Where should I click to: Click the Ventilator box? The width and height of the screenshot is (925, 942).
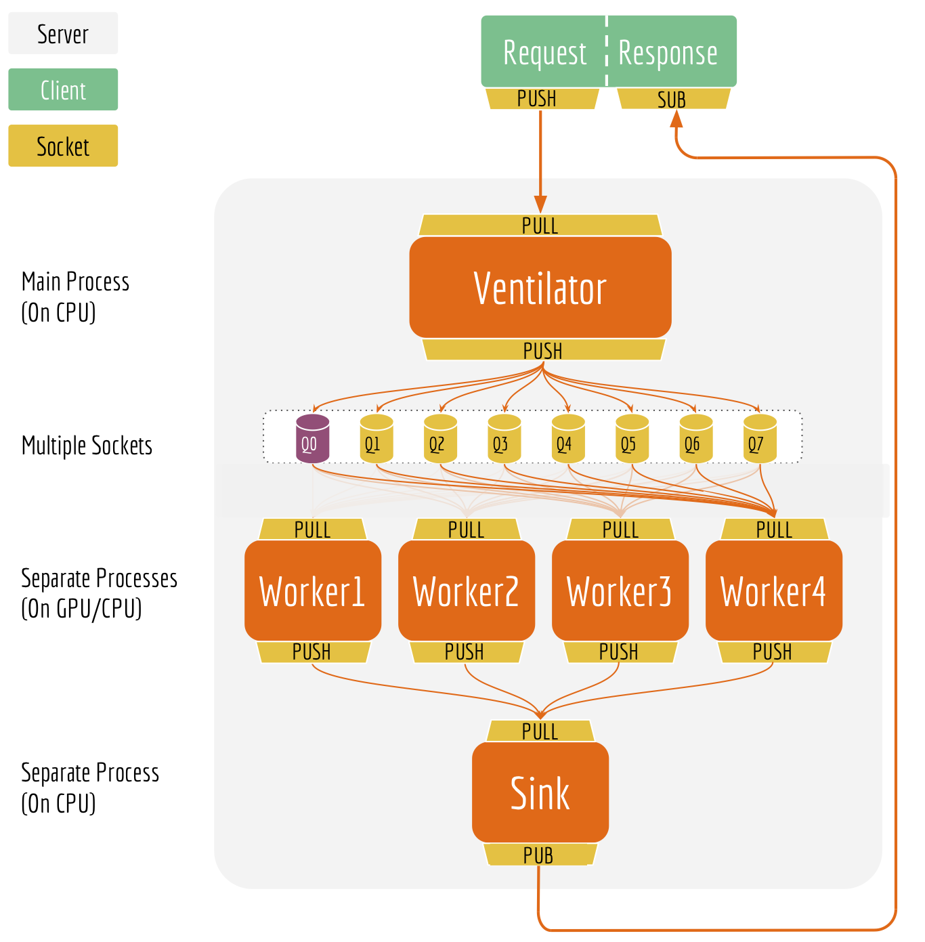tap(540, 287)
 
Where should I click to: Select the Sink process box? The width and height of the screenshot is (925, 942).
tap(540, 792)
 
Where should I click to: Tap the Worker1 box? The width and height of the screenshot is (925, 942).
tap(312, 591)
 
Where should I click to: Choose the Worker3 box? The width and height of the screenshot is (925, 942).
tap(620, 591)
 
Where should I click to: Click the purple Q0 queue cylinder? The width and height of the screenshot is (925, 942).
tap(312, 440)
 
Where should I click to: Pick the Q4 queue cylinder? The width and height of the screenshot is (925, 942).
tap(567, 440)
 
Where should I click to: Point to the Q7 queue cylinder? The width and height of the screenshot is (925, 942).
tap(759, 440)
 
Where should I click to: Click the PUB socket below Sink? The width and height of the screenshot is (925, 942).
tap(540, 855)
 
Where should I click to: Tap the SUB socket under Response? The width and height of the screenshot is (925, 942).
tap(673, 100)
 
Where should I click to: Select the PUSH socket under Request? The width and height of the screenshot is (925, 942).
tap(540, 99)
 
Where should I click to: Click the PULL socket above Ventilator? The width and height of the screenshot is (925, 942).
tap(540, 226)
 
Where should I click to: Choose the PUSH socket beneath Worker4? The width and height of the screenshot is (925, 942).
tap(773, 652)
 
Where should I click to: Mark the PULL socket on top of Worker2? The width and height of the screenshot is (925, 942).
tap(466, 530)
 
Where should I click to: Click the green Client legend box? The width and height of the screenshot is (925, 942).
tap(63, 89)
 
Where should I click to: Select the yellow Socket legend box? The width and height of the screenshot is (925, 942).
tap(63, 146)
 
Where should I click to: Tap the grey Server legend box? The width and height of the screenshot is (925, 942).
tap(63, 33)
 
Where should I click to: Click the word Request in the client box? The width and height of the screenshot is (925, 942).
tap(544, 53)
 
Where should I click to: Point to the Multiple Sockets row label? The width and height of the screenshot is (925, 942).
tap(87, 446)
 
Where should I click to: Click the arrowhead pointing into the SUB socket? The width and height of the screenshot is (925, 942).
tap(676, 119)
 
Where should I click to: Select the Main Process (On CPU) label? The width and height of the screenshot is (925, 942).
tap(74, 297)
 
